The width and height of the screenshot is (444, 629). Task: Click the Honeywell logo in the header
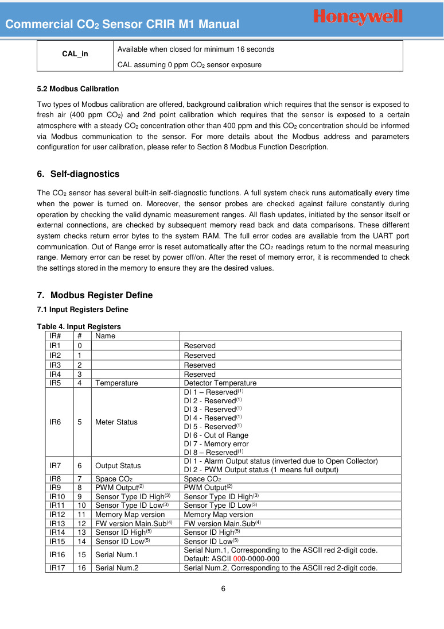359,18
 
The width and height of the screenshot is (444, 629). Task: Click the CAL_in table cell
75,54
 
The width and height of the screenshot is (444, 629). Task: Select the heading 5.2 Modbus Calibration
78,89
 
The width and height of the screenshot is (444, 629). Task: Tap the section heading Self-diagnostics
85,174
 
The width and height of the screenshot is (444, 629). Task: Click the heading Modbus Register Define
102,295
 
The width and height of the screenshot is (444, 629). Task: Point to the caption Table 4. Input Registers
79,327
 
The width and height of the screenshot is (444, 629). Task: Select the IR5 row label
56,383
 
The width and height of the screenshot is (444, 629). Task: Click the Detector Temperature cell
220,383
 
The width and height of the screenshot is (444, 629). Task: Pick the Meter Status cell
116,422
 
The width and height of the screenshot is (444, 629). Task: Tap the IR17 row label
57,568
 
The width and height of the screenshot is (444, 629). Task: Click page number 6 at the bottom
223,589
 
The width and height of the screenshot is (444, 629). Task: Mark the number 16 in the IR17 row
81,568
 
